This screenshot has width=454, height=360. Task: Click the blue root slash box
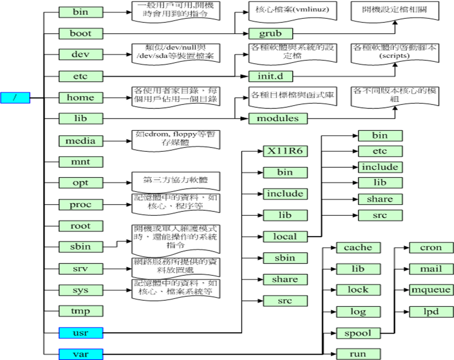(14, 97)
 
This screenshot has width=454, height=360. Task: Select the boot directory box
(80, 33)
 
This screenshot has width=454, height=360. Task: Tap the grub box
(270, 34)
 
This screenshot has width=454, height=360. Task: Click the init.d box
(270, 77)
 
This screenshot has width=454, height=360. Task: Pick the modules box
(278, 118)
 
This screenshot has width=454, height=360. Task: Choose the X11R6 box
(285, 151)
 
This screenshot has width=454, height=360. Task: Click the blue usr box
(80, 333)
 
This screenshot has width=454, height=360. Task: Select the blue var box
(80, 354)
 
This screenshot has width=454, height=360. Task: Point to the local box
(285, 236)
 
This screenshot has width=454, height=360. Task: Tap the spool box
(358, 333)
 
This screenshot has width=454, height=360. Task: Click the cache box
(358, 247)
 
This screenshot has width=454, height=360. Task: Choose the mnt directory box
(80, 161)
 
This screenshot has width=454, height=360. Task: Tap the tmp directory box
(80, 311)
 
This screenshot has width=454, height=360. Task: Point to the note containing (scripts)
(395, 52)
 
